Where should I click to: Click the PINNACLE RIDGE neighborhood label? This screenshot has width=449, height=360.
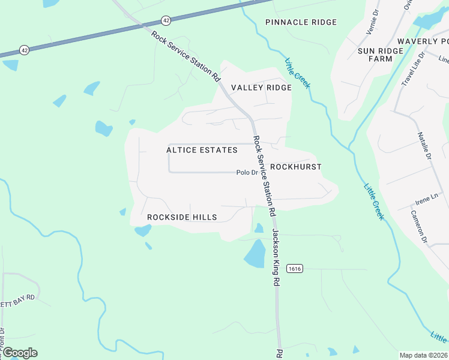click(x=301, y=22)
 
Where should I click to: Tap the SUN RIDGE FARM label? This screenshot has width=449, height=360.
click(x=379, y=55)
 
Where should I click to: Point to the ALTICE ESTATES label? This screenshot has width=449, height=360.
click(x=202, y=150)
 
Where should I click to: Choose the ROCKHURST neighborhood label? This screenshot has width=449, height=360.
click(x=296, y=167)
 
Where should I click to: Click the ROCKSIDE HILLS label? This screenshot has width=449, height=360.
click(x=182, y=217)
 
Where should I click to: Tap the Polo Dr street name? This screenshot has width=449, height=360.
click(x=247, y=173)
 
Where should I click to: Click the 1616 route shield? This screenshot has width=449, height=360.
click(x=294, y=268)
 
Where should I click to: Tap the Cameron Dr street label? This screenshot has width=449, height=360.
click(x=418, y=226)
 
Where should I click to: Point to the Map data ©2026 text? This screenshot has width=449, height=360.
click(x=424, y=355)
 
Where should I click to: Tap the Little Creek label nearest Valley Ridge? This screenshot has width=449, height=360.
click(x=298, y=73)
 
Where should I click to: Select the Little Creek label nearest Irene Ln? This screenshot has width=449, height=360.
click(x=373, y=202)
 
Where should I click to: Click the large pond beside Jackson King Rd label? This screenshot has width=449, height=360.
click(x=255, y=254)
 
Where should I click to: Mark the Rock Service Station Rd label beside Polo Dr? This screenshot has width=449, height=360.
click(x=264, y=176)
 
